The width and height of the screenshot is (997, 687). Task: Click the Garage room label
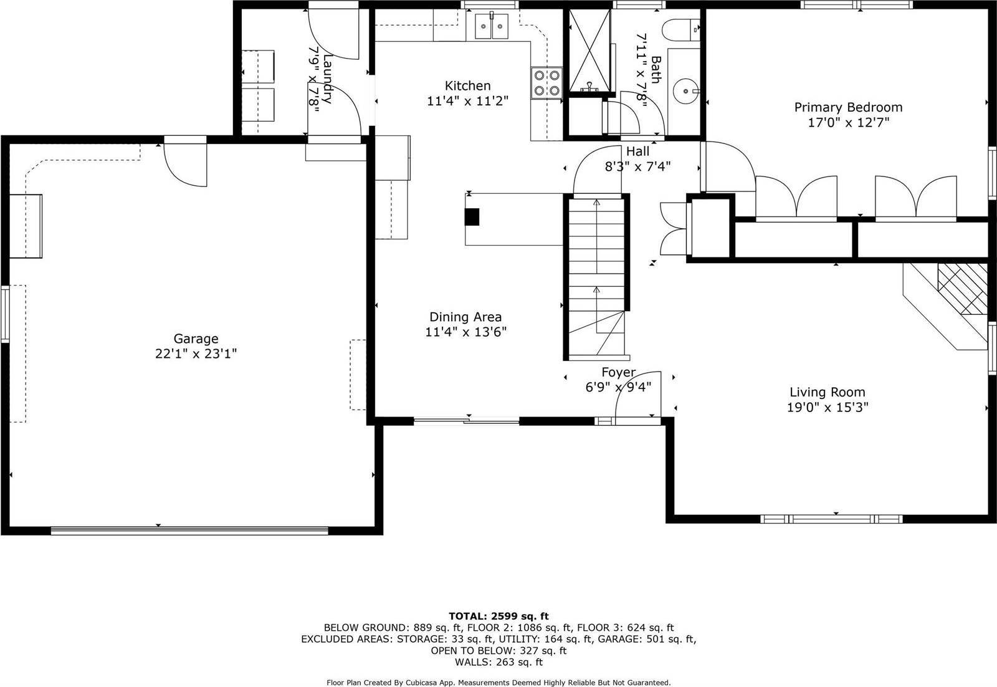click(196, 339)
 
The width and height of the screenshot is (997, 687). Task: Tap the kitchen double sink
click(492, 26)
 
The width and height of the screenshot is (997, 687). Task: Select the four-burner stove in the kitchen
click(546, 83)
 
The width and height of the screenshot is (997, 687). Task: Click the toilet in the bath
click(684, 28)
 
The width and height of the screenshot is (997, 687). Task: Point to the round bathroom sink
click(685, 91)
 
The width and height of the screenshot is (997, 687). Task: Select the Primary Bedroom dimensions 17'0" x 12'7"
click(848, 123)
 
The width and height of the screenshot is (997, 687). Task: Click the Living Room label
click(827, 392)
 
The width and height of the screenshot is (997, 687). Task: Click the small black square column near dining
click(473, 216)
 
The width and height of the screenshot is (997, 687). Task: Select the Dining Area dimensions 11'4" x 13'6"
click(465, 332)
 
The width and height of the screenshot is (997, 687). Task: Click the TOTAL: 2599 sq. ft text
click(499, 617)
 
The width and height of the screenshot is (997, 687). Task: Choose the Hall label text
click(637, 151)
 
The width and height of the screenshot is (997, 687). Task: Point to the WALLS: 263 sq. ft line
click(499, 662)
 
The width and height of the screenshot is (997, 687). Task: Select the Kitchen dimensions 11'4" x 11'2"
click(467, 101)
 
